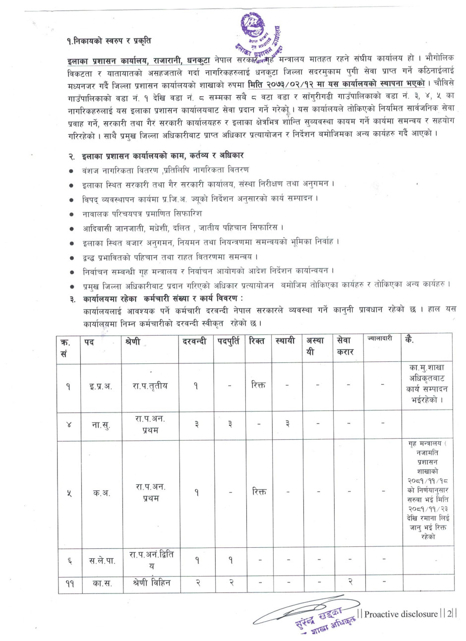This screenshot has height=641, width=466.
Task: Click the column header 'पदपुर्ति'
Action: coord(230,341)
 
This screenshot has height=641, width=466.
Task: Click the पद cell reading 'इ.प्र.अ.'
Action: coord(102,386)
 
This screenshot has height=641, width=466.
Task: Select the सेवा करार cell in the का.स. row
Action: coord(350,583)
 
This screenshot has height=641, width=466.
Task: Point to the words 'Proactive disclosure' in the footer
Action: coord(402,614)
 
